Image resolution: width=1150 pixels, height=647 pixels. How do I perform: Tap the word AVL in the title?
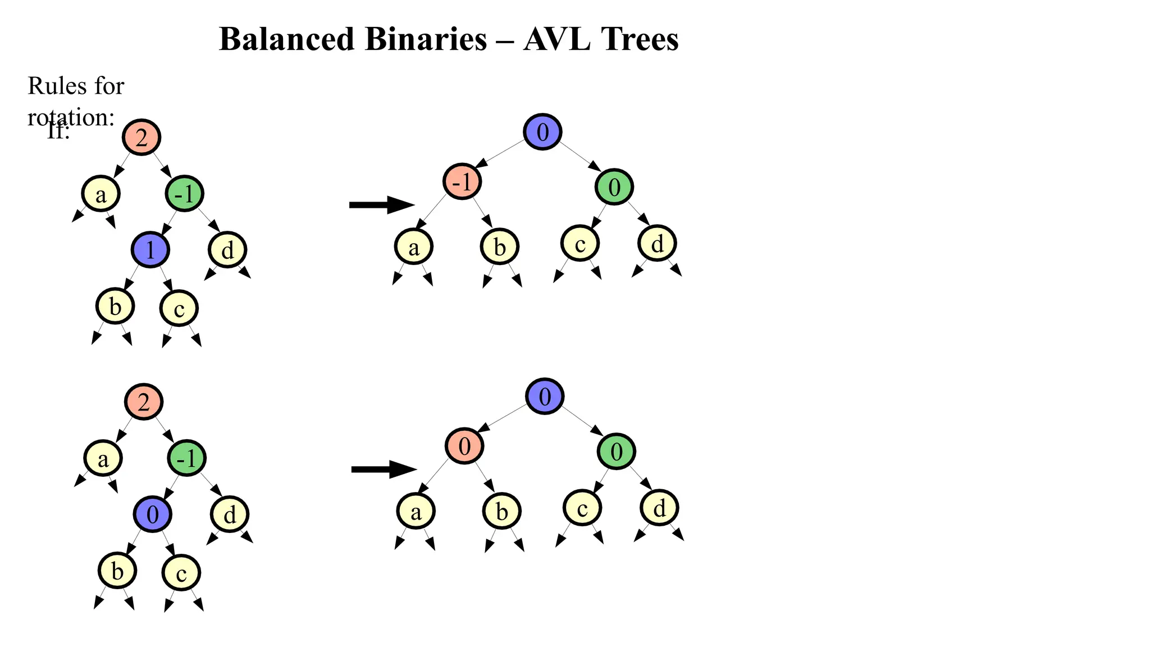556,39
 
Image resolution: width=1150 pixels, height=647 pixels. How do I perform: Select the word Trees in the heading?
640,39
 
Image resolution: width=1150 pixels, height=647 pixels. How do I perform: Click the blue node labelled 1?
150,249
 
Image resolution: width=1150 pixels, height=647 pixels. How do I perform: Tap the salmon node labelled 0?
464,446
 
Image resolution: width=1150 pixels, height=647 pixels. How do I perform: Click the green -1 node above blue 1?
184,194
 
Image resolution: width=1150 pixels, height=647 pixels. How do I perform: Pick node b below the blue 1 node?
115,307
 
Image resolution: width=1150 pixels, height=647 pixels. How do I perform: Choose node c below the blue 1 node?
179,308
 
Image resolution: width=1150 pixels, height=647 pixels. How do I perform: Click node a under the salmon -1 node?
414,247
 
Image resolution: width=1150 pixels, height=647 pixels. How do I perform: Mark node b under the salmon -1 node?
500,247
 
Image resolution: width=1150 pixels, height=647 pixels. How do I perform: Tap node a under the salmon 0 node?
416,512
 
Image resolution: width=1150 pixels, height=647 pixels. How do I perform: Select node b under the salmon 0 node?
502,511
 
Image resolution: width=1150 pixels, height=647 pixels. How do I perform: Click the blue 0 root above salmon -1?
542,132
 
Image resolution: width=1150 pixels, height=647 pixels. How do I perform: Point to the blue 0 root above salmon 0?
545,397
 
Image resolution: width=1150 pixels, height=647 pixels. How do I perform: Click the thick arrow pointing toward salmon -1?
381,205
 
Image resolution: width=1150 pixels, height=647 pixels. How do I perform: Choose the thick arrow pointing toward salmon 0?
384,469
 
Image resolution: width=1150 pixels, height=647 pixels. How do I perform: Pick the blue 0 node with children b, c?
152,514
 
